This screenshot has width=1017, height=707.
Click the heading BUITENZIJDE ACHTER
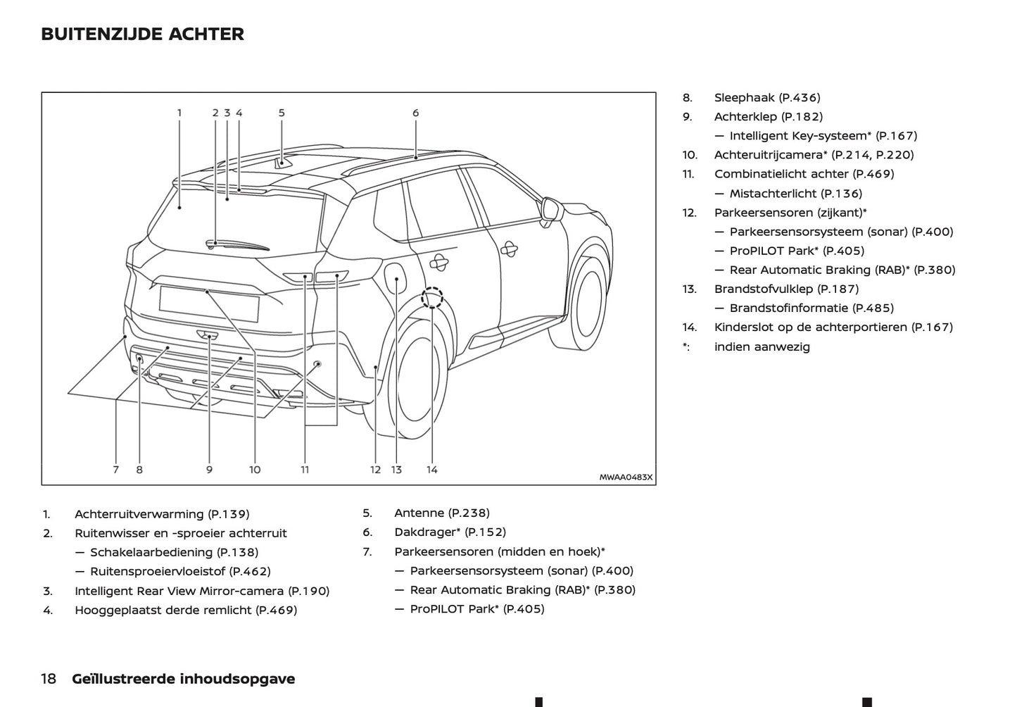coord(142,35)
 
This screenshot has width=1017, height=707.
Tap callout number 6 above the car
coord(415,113)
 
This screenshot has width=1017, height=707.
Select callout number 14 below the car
coord(431,470)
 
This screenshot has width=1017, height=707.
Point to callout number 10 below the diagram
coord(255,470)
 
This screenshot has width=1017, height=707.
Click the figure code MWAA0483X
coord(626,477)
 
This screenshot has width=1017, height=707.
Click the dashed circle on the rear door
coord(431,298)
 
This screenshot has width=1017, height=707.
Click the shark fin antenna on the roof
coord(282,163)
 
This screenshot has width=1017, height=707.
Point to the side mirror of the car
coord(550,210)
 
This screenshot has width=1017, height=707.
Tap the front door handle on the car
coord(508,248)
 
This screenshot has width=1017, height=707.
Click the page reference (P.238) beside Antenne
coord(469,513)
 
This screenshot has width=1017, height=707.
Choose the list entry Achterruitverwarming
coord(139,515)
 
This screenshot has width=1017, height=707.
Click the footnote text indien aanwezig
coord(762,346)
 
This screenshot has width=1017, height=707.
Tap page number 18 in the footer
coord(49,679)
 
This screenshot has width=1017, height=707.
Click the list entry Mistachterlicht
coord(773,194)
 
